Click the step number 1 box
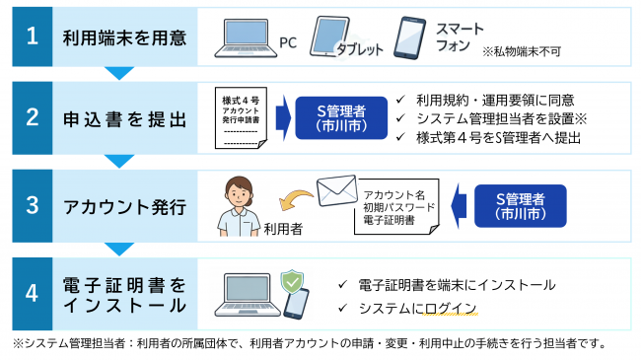tap(33, 38)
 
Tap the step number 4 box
tap(33, 292)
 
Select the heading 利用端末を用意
tap(123, 38)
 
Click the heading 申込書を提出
tap(123, 119)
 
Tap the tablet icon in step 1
tap(330, 36)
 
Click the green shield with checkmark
tap(291, 281)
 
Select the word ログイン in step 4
tap(451, 309)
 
